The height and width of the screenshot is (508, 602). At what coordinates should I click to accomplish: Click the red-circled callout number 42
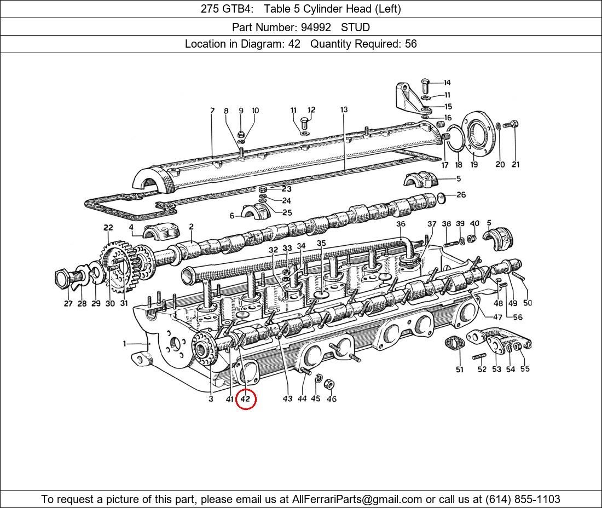coord(245,399)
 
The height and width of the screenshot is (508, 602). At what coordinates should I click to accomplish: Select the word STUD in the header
coord(355,27)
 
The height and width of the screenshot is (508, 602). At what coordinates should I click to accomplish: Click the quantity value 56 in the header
coord(410,44)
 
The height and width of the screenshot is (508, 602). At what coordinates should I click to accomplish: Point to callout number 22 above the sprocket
coord(108,228)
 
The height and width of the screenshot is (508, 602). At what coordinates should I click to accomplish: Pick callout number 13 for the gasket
coord(344,110)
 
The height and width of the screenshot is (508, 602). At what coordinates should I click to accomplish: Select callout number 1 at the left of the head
coord(124,344)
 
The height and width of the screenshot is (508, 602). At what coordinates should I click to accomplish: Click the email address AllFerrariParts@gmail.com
coord(357,499)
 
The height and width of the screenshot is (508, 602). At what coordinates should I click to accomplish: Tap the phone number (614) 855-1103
coord(523,499)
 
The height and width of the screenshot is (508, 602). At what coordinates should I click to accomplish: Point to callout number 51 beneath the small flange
coord(459,370)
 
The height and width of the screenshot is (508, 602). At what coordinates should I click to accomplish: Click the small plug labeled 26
coord(442,196)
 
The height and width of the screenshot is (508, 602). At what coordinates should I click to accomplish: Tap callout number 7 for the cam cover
coord(212,111)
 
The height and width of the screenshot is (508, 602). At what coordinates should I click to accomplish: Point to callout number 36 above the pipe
coord(401,224)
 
